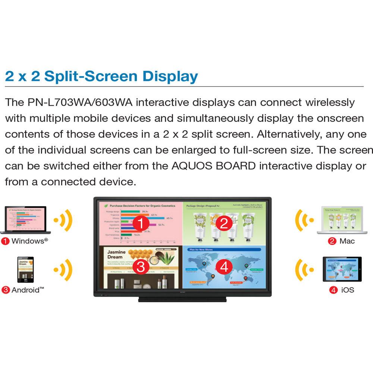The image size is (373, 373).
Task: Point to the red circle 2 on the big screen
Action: tap(224, 223)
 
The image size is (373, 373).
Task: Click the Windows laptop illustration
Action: tap(25, 220)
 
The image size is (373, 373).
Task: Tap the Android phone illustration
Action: tap(25, 270)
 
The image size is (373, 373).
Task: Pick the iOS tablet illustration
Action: tap(342, 270)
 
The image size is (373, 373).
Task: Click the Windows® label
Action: tap(29, 241)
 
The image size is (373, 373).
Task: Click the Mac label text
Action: tap(347, 241)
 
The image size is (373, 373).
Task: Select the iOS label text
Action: tap(347, 290)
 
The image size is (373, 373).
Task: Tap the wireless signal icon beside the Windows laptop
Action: tap(63, 220)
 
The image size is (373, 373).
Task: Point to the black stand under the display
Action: tap(182, 300)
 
